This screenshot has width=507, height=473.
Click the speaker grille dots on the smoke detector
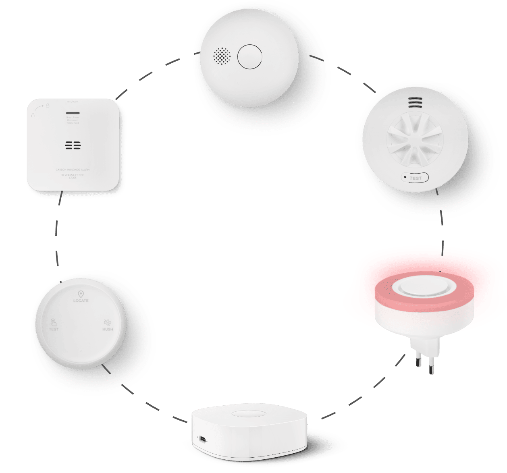point(222,56)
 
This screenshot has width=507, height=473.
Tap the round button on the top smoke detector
point(249,56)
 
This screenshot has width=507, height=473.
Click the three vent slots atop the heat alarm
point(416,102)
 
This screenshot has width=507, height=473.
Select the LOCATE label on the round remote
point(81,301)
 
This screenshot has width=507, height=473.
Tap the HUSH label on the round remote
point(108,329)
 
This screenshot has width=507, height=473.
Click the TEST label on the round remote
point(54,329)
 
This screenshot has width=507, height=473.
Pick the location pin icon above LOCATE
point(81,294)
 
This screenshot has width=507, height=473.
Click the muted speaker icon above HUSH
point(107,322)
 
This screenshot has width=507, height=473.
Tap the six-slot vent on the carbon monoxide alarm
point(73,145)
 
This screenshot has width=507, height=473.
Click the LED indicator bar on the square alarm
point(73,113)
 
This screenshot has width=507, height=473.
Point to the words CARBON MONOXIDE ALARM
point(73,170)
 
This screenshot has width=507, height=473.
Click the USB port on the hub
point(202,439)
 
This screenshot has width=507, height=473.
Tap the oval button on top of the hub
point(247,414)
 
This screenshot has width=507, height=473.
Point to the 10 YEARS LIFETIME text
point(73,175)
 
